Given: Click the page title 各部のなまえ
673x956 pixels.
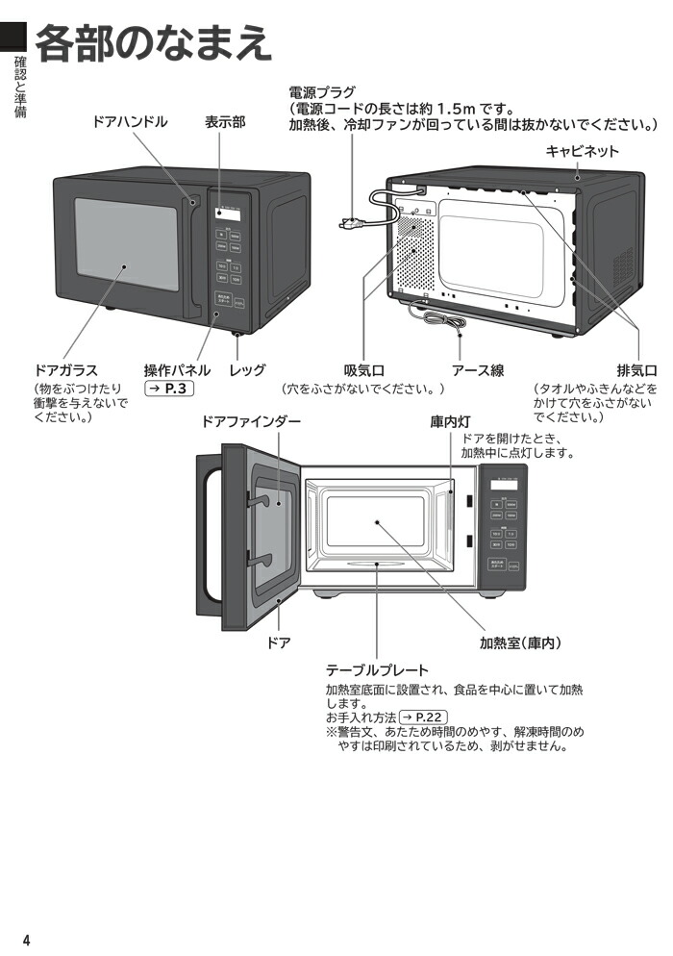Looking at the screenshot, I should [152, 43].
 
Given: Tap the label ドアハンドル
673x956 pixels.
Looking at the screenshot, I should [130, 122].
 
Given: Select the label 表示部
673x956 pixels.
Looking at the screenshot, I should [224, 122].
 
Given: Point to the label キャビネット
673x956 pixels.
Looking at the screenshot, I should [583, 151].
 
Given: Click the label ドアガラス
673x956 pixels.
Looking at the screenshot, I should [65, 370].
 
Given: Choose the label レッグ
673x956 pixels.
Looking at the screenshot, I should [247, 370].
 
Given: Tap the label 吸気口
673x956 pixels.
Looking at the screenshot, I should [364, 370].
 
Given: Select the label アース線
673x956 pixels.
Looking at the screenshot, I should [478, 370].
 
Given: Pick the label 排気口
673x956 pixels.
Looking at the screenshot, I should [636, 370].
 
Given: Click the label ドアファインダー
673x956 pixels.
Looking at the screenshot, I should [251, 422].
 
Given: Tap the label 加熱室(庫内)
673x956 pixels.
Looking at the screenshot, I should [520, 643].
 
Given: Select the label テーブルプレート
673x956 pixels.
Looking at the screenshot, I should [377, 669].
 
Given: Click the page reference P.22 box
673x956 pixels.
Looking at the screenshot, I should [424, 717].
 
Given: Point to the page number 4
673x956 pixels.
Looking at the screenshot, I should [27, 940].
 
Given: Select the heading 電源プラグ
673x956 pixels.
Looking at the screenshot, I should [322, 93].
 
